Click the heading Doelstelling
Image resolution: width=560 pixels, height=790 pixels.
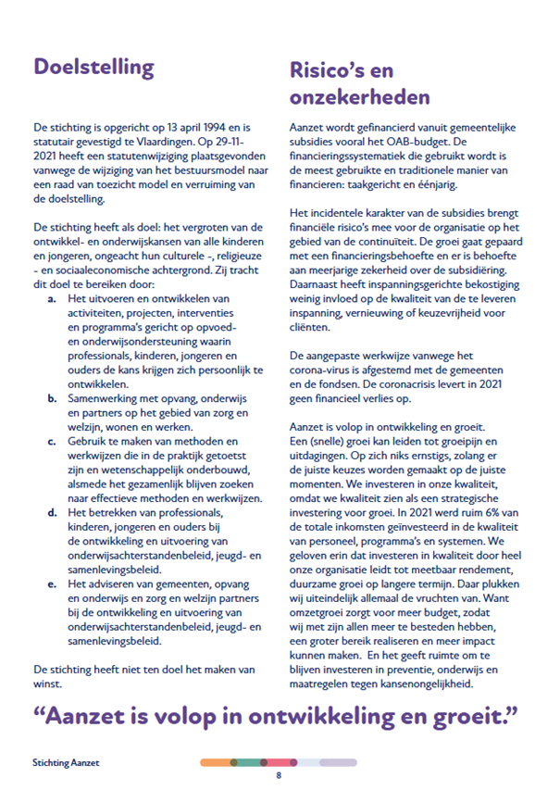click(93, 68)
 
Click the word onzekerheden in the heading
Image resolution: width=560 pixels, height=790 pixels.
click(359, 96)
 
